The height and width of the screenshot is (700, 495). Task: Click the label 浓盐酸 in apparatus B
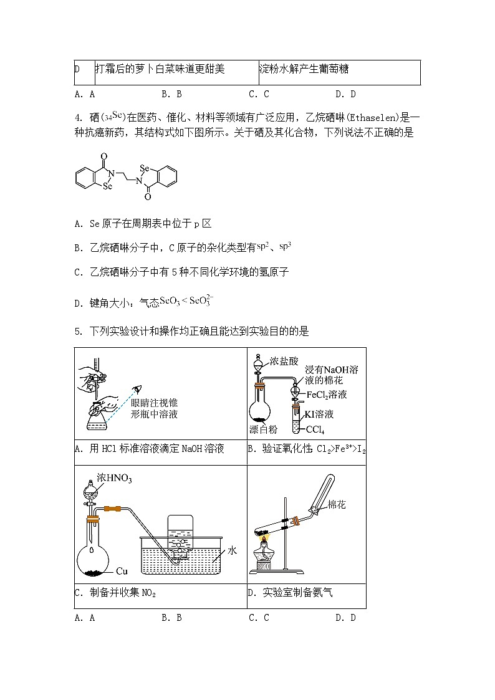coord(284,362)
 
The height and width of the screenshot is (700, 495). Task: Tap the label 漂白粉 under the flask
coord(262,429)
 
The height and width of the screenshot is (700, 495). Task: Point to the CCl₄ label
coord(315,430)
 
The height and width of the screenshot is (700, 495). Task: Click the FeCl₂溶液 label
coord(327,395)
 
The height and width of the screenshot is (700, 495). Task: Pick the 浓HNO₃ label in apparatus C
coord(118,478)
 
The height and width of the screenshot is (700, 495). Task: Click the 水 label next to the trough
coord(232,550)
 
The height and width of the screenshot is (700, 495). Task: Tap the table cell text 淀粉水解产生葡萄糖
coord(304,69)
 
